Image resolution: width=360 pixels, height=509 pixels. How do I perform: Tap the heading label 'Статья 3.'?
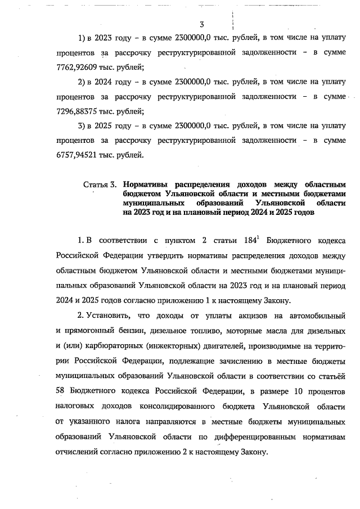coord(100,184)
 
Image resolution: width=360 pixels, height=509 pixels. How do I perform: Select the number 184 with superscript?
coord(247,241)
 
